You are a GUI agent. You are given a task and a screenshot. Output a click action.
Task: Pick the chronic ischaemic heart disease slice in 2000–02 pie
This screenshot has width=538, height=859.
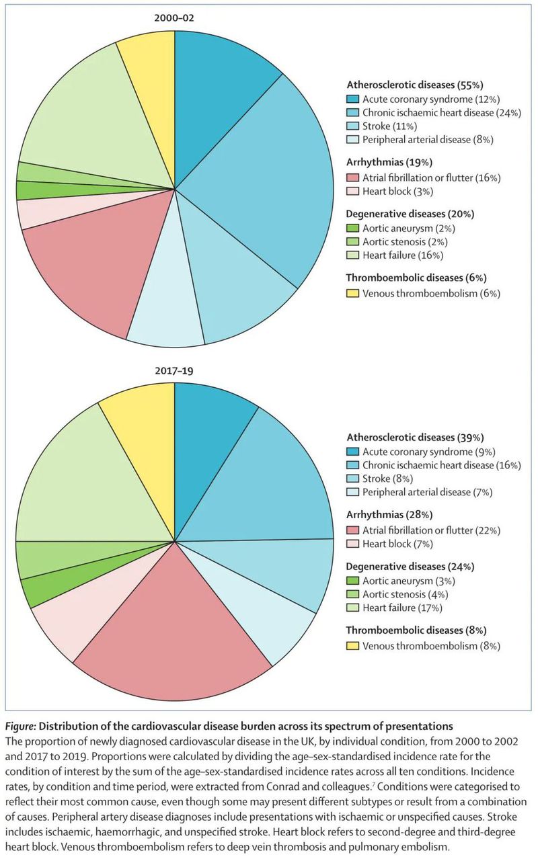click(269, 175)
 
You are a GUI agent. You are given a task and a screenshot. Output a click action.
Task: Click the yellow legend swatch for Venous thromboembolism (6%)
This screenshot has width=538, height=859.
click(352, 293)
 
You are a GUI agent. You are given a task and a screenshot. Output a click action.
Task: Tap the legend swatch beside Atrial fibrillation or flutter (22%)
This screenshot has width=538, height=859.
click(352, 530)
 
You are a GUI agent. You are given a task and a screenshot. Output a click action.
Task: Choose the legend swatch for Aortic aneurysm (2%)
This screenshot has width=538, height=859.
click(352, 228)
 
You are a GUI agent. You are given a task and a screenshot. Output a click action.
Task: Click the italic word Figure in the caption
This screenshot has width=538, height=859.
click(22, 726)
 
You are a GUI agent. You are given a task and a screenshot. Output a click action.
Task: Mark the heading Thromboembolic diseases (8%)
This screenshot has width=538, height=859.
click(416, 630)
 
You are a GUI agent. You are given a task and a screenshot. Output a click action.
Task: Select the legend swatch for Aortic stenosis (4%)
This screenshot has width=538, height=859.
click(352, 594)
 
